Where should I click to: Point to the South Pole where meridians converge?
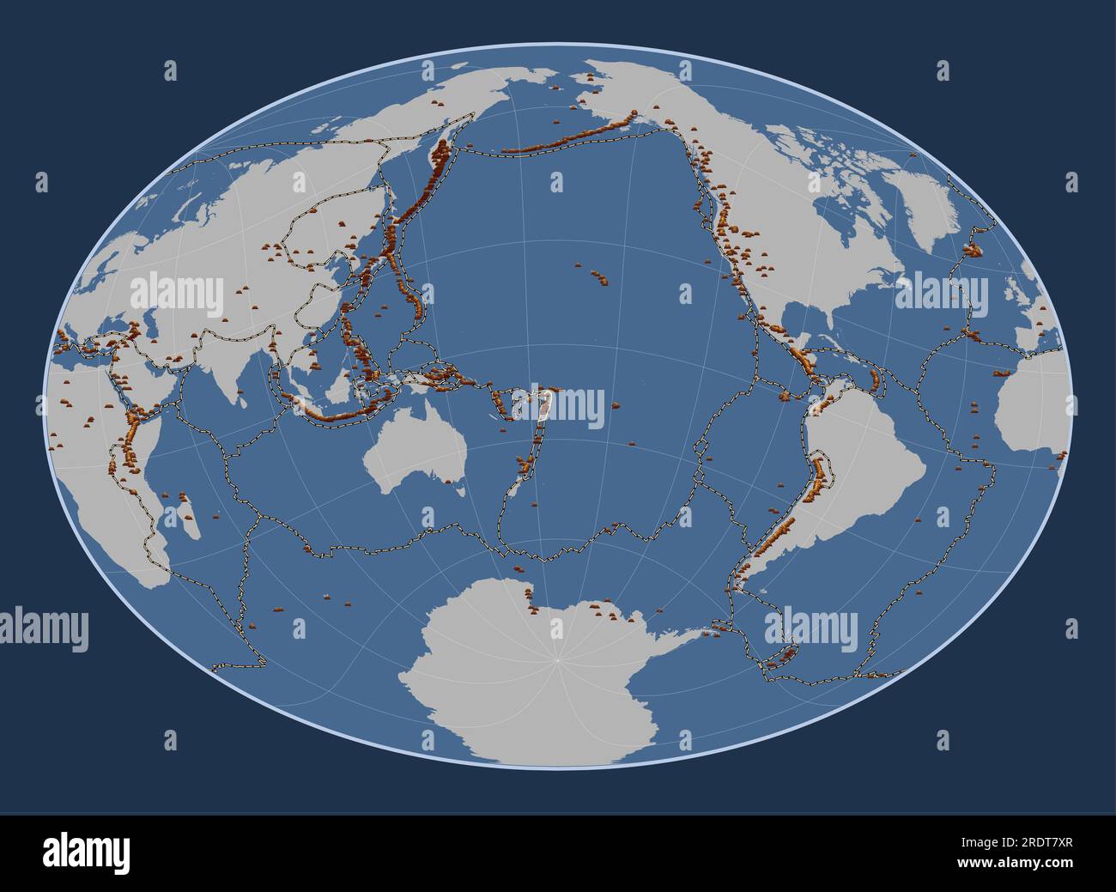point(558,660)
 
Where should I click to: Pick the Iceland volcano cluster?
point(974,249)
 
